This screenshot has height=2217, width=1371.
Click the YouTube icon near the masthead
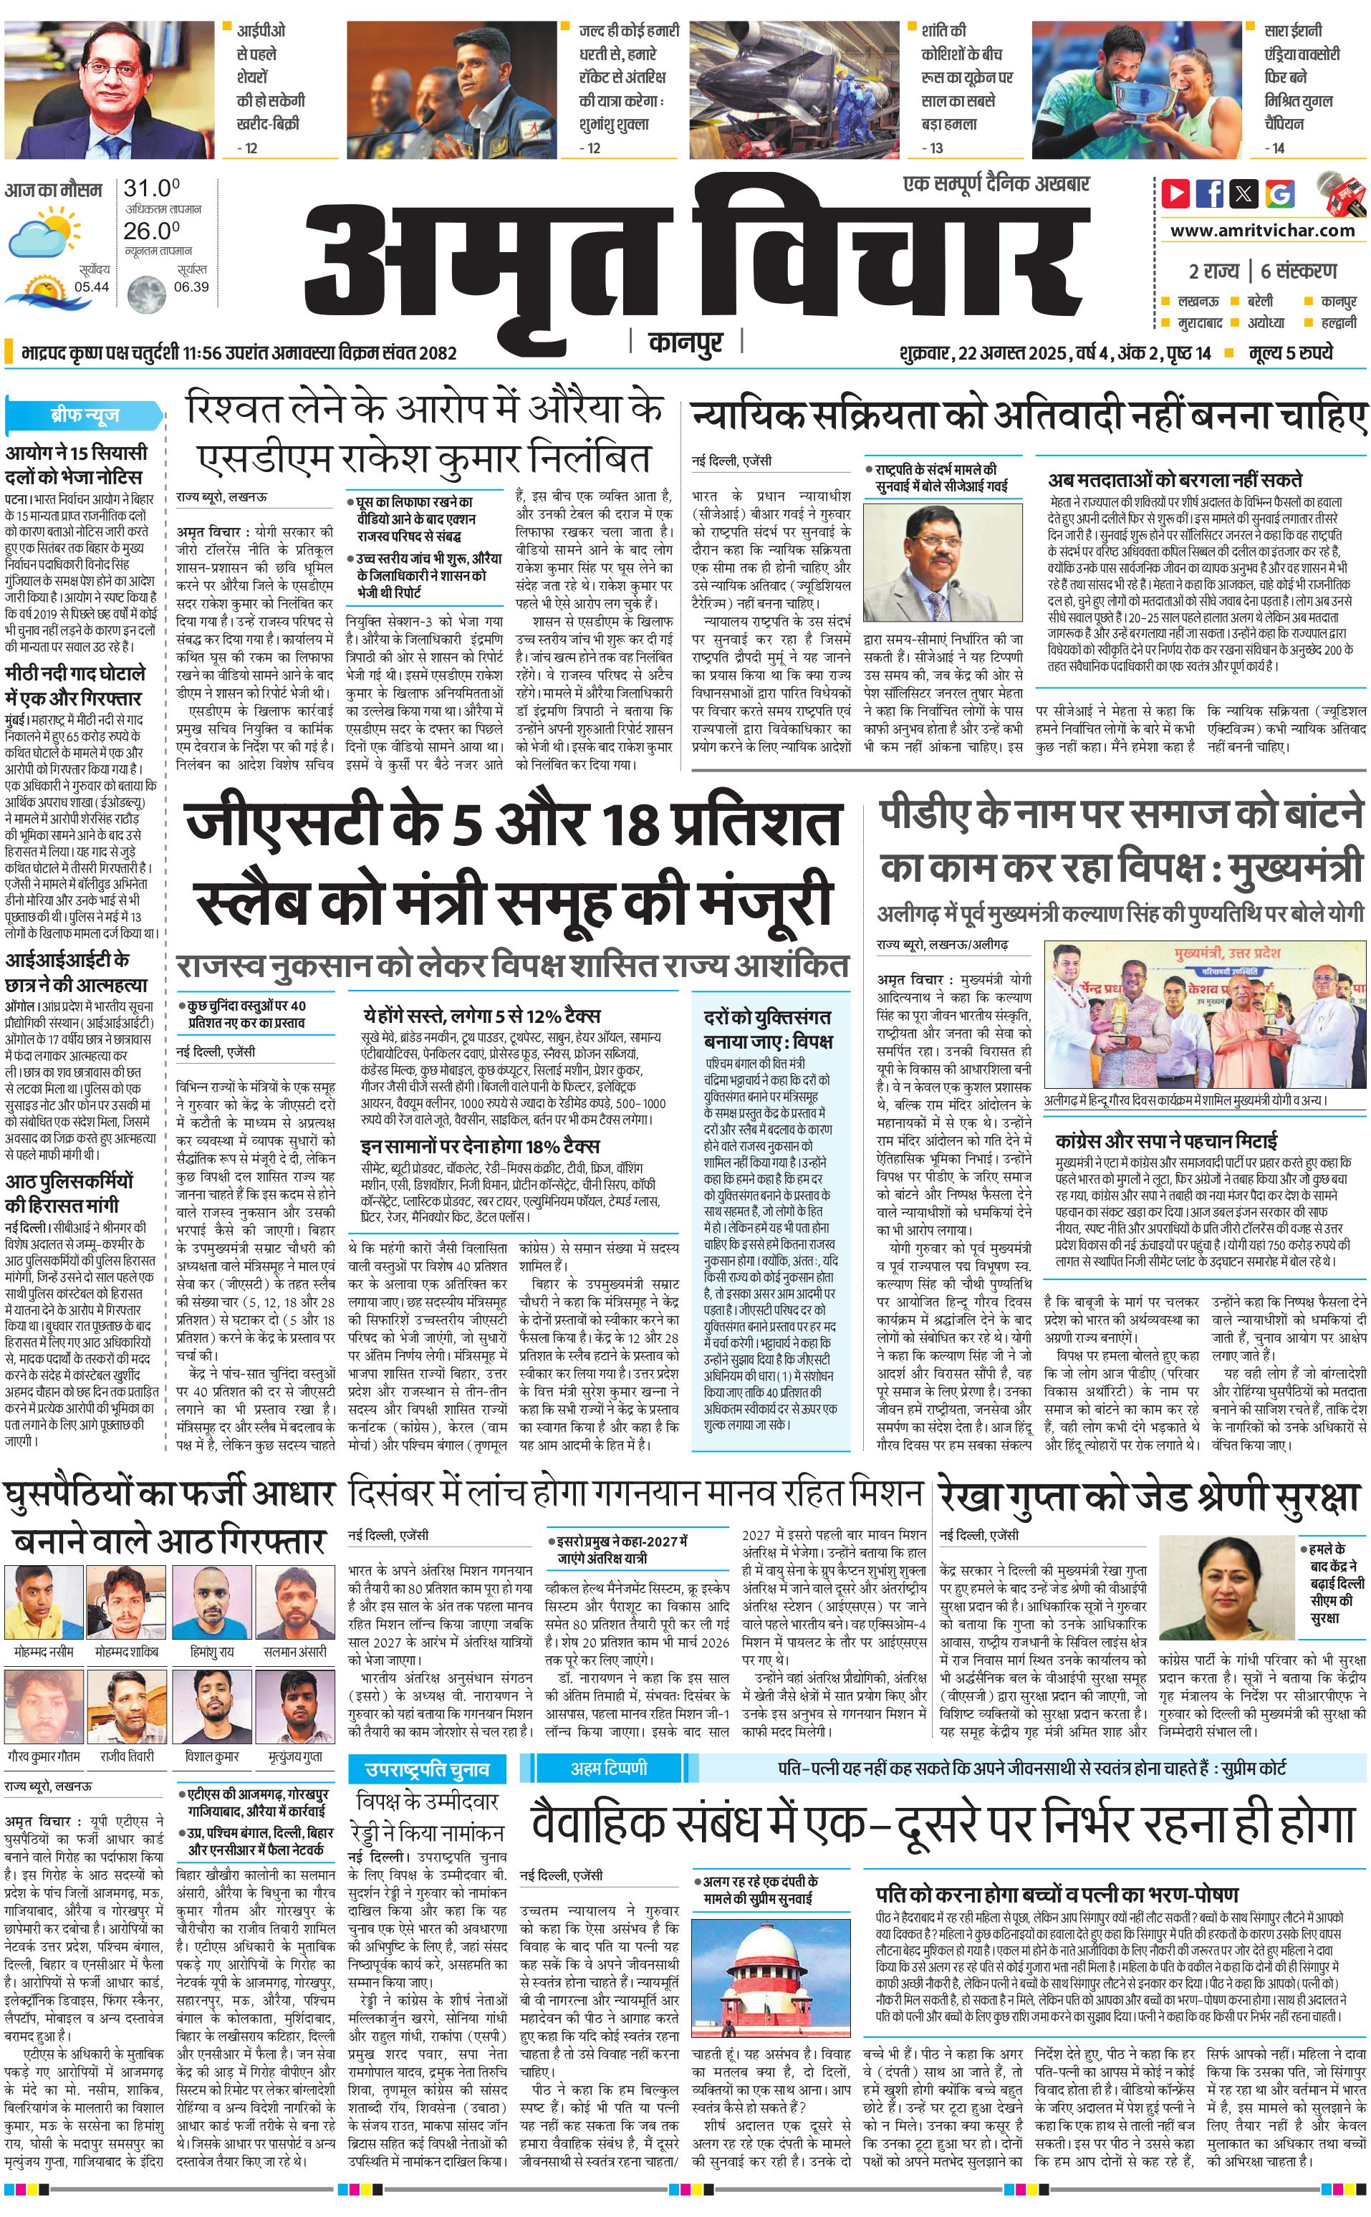[x=1175, y=193]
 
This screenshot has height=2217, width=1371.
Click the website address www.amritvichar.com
[x=1262, y=231]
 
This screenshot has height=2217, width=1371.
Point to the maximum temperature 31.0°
[x=151, y=188]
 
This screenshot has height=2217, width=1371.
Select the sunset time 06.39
[x=191, y=287]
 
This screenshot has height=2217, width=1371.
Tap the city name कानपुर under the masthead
[x=685, y=342]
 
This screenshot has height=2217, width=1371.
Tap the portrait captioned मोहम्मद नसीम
[x=44, y=1601]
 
